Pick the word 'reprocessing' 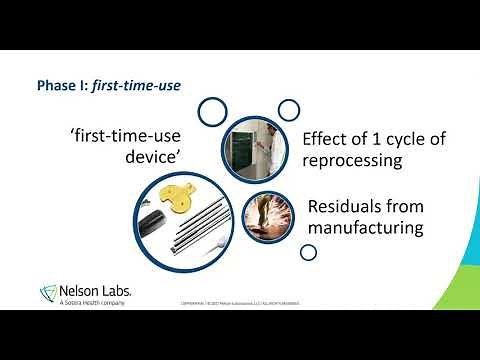pos(360,161)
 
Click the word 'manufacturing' pos(366,229)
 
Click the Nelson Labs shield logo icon pos(47,292)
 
